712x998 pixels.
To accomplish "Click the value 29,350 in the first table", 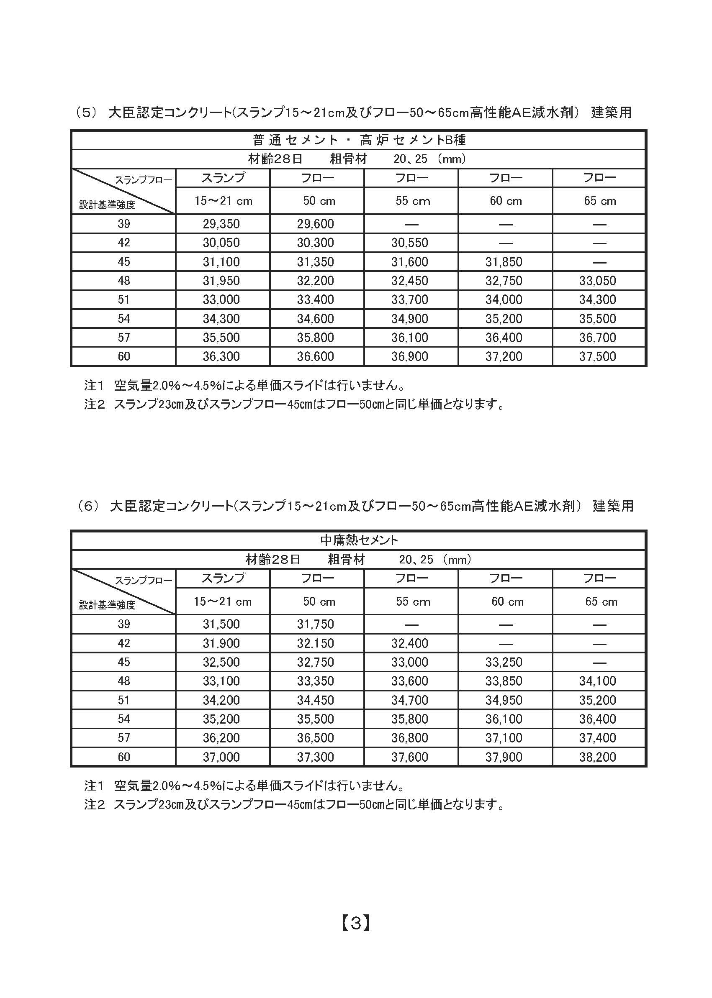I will coord(221,224).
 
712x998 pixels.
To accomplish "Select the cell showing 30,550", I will coord(409,243).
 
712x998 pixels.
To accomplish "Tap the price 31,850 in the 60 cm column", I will coord(504,262).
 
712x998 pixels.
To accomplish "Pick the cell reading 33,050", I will coord(598,281).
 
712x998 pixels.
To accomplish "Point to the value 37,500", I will coord(598,357).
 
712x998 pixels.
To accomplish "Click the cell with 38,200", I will coord(598,757).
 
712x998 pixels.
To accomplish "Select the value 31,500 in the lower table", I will coord(221,624).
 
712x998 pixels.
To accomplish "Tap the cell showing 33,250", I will coord(504,662).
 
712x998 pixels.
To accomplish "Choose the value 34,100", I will coord(598,681).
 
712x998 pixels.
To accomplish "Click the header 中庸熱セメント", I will coord(359,540).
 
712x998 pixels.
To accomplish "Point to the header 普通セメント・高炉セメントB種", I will coord(359,140).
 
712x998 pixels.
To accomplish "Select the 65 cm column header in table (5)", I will coord(600,201).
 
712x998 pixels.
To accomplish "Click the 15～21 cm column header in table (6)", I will coord(223,601).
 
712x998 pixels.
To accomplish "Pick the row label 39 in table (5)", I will coord(123,224).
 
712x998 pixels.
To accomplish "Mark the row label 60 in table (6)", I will coord(123,757).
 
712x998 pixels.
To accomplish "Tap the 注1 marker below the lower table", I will coord(94,786).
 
